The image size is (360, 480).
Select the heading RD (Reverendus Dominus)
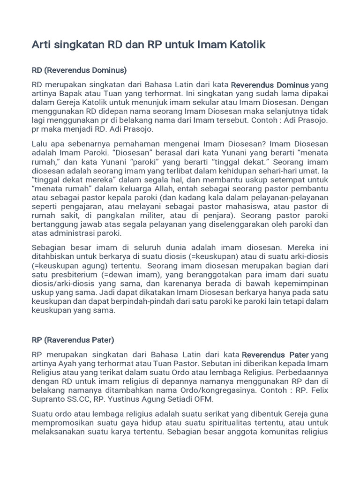coord(79,70)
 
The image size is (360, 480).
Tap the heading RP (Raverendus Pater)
coord(73,340)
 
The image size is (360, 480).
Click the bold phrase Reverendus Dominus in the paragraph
coord(270,85)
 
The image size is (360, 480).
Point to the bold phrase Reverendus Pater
coord(275,355)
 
